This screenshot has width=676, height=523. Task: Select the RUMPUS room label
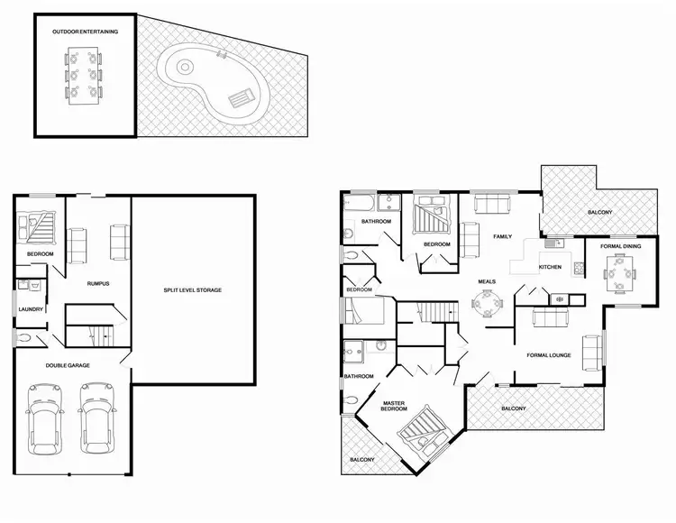coord(98,283)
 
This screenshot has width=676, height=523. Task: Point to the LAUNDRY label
coord(32,310)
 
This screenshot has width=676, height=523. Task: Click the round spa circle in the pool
coord(185,67)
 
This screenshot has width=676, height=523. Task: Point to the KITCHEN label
coord(551,268)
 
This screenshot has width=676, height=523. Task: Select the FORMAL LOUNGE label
coord(549,355)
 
